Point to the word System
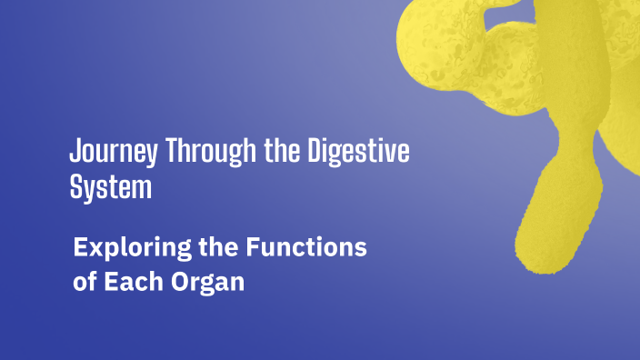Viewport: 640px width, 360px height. point(110,188)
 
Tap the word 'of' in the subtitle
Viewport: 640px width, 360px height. point(85,281)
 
